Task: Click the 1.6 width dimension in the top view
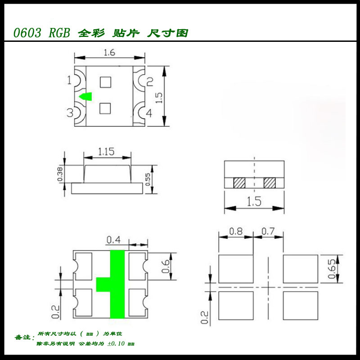(x=109, y=53)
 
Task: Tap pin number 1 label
(x=69, y=81)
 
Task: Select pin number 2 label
(x=150, y=81)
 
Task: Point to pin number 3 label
(x=70, y=113)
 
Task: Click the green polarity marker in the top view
(x=85, y=96)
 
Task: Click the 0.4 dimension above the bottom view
(x=113, y=239)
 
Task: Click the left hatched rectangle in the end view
(x=239, y=184)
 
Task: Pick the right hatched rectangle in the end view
(x=269, y=184)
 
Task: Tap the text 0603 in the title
(x=27, y=33)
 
